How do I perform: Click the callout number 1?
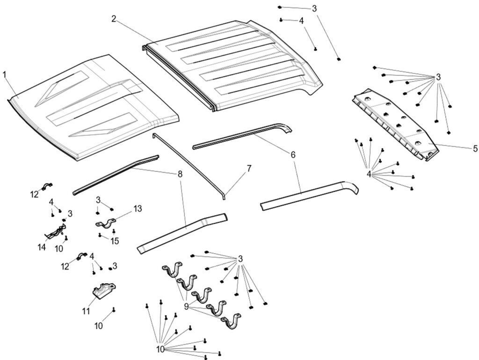[x=5, y=75]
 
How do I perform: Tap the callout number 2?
[x=114, y=19]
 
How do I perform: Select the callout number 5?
[x=475, y=148]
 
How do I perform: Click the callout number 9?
[x=186, y=307]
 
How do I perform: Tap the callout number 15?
[x=115, y=241]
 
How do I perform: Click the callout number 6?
[x=293, y=154]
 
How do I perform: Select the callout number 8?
[x=180, y=174]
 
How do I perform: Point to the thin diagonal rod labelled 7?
[x=187, y=164]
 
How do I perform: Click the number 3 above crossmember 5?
[x=438, y=77]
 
